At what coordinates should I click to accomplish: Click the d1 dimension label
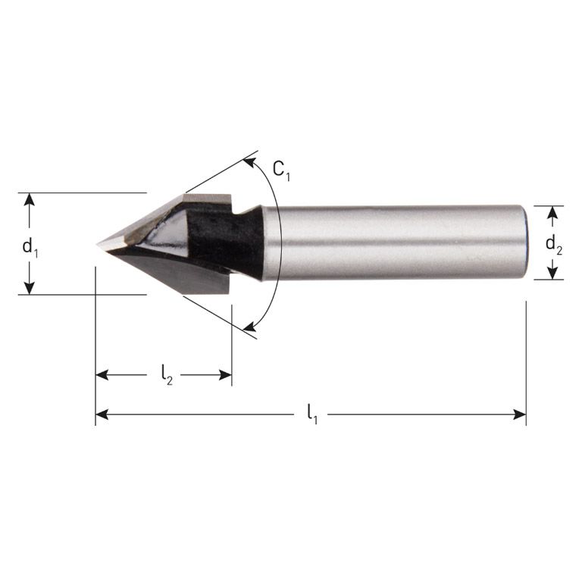[x=30, y=246]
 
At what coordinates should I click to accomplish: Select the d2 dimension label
[x=554, y=244]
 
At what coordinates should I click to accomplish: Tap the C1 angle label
[x=281, y=171]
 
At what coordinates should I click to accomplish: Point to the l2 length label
[x=167, y=375]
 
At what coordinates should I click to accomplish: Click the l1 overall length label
[x=311, y=415]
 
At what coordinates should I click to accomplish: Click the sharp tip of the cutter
[x=99, y=244]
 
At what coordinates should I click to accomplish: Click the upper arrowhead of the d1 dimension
[x=30, y=199]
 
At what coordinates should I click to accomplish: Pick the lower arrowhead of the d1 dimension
[x=30, y=288]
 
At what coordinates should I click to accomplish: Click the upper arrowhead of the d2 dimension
[x=553, y=211]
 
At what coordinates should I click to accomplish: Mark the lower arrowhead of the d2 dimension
[x=553, y=274]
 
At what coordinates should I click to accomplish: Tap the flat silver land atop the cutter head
[x=206, y=201]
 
